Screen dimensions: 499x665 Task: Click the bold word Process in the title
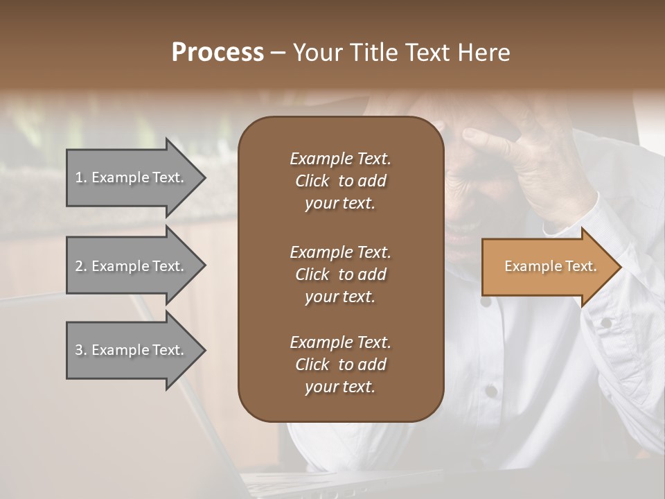tap(218, 52)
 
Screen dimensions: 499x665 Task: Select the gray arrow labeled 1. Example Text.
tap(132, 177)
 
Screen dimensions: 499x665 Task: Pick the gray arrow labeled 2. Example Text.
tap(132, 266)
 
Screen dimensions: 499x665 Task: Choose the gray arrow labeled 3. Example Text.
tap(132, 350)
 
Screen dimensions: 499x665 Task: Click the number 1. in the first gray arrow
tap(81, 177)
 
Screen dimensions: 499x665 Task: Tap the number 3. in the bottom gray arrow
tap(81, 350)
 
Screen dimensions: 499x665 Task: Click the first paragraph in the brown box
tap(340, 181)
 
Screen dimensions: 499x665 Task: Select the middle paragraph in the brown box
tap(340, 274)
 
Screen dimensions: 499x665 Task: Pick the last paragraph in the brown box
tap(340, 365)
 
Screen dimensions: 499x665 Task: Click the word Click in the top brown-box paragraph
tap(312, 181)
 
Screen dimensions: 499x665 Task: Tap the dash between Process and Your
tap(278, 53)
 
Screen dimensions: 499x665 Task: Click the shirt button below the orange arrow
tap(486, 302)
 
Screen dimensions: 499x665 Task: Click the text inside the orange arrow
tap(550, 266)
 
